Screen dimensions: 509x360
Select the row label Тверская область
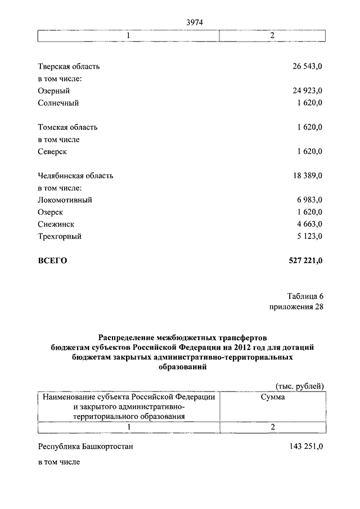pos(69,66)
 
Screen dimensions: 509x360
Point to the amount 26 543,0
pos(307,66)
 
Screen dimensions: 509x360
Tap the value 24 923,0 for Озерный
pos(307,91)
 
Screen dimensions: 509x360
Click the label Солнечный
pos(58,103)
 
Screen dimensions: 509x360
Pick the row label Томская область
pos(67,127)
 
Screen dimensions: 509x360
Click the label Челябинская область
pos(75,175)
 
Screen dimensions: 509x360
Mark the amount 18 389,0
pos(307,175)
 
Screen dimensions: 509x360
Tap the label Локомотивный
pos(65,200)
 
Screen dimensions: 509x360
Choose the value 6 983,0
pos(309,200)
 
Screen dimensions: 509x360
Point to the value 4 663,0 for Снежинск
pos(309,224)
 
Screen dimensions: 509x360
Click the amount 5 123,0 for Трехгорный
pos(309,236)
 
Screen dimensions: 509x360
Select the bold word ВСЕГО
pos(52,260)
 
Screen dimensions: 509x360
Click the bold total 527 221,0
pos(304,260)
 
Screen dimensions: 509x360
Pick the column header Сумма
pos(272,397)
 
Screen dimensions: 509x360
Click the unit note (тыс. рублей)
pos(299,385)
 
